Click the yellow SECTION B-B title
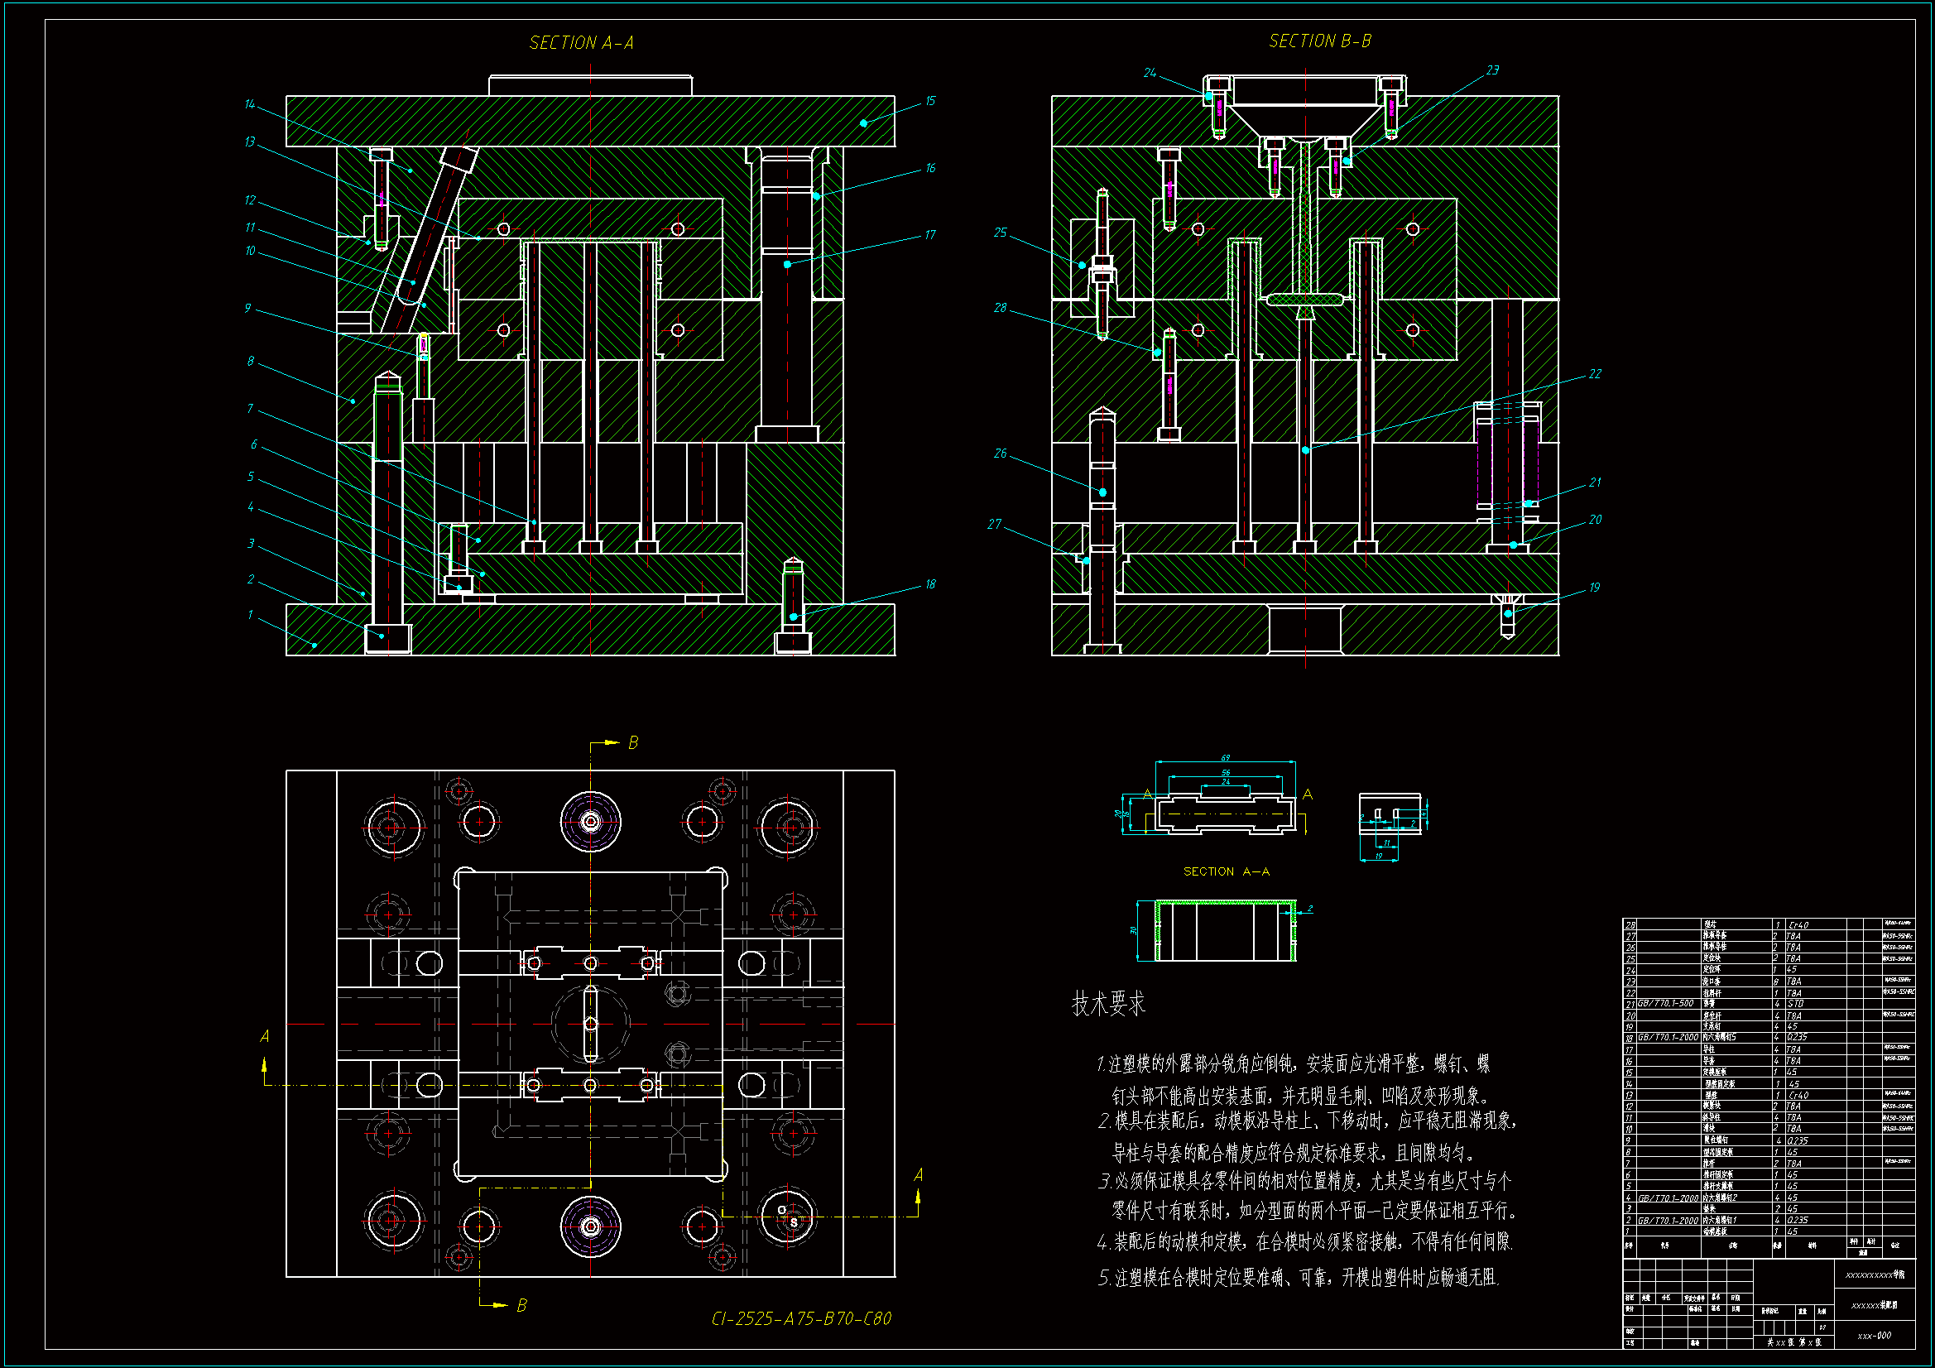coord(1320,41)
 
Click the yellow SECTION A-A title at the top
coord(581,42)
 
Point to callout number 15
coord(930,101)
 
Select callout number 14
coord(249,104)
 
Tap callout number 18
coord(930,584)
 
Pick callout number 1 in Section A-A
coord(249,614)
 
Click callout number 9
coord(247,309)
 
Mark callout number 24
coord(1150,74)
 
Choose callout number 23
coord(1492,70)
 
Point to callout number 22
coord(1595,374)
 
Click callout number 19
coord(1595,588)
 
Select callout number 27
coord(995,524)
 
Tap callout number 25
coord(1001,233)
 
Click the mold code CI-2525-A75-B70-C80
coord(800,1318)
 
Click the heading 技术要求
coord(1108,1004)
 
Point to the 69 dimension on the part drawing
coord(1226,758)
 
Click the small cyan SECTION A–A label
coord(1227,871)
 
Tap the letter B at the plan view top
coord(633,742)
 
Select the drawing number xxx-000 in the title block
coord(1875,1336)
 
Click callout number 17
coord(930,235)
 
